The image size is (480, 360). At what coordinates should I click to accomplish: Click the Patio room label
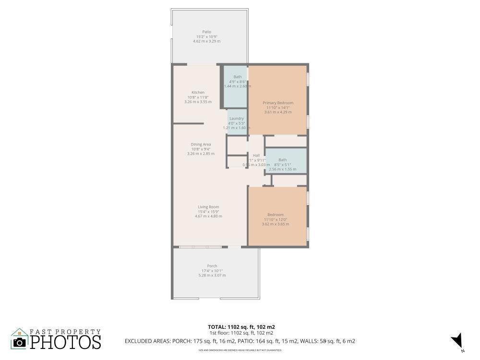click(206, 32)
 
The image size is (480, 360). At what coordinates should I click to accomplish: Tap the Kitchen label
click(198, 92)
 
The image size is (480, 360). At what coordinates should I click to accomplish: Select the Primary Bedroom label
click(277, 103)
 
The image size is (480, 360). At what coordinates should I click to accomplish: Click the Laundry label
click(236, 119)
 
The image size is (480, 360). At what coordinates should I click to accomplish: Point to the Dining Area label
click(201, 144)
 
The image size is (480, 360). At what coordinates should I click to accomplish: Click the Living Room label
click(208, 207)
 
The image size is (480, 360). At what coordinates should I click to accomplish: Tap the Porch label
click(212, 266)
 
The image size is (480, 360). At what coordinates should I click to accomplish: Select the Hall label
click(256, 156)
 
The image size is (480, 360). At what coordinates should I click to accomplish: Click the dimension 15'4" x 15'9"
click(208, 212)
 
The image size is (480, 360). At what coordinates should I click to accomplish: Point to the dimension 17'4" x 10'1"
click(212, 271)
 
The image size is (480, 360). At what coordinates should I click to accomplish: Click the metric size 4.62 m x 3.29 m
click(206, 41)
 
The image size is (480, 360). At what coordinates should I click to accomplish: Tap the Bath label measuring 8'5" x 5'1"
click(282, 160)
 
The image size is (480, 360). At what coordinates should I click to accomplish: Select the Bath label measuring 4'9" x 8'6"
click(238, 77)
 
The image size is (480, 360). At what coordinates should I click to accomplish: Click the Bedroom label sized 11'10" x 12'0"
click(276, 215)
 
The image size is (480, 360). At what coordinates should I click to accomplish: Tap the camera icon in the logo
click(20, 342)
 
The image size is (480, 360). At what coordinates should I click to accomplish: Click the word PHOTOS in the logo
click(66, 342)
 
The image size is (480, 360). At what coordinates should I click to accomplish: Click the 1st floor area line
click(241, 333)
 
